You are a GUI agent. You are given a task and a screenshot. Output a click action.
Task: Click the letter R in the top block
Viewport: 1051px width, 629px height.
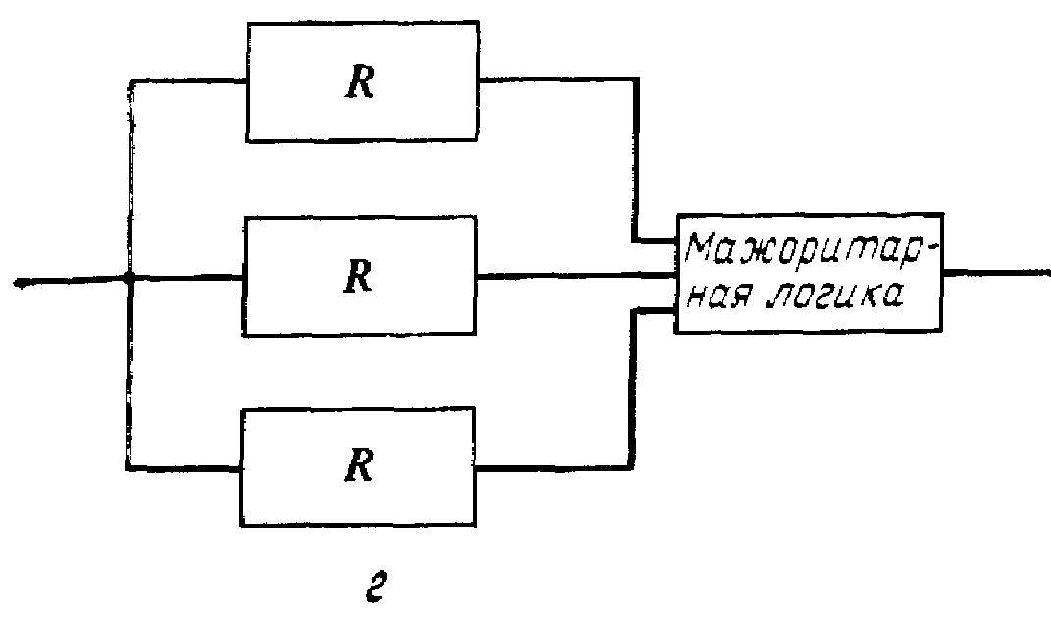360,84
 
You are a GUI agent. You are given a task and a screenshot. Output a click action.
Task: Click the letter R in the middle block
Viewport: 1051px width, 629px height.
360,278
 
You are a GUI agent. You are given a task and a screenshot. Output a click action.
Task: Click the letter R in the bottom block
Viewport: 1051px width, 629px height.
360,467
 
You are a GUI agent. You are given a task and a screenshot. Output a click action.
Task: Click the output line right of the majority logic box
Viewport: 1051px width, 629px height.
991,270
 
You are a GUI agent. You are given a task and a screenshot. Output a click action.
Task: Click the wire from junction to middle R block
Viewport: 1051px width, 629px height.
186,279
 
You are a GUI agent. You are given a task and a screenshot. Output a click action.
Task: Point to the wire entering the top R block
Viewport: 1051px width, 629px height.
186,81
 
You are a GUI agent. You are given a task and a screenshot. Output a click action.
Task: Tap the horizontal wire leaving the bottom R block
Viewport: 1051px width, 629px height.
550,467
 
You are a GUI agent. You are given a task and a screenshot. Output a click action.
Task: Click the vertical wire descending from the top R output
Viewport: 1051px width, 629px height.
635,157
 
